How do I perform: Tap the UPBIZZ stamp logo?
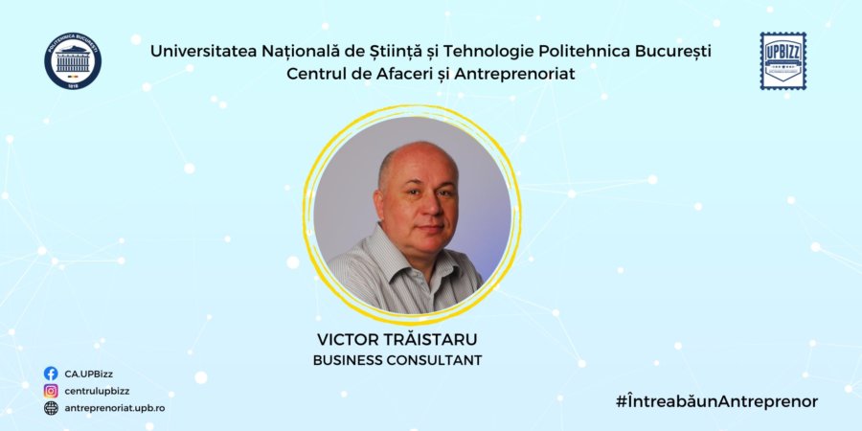(x=783, y=60)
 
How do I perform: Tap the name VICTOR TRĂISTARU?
(x=397, y=341)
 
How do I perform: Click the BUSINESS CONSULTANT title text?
(x=397, y=361)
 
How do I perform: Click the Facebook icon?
(x=51, y=374)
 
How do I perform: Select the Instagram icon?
(x=51, y=391)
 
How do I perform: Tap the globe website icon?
(x=51, y=408)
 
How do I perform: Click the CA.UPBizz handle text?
(x=89, y=374)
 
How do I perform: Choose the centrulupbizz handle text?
(x=98, y=391)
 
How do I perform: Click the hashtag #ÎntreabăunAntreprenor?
(x=717, y=401)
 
